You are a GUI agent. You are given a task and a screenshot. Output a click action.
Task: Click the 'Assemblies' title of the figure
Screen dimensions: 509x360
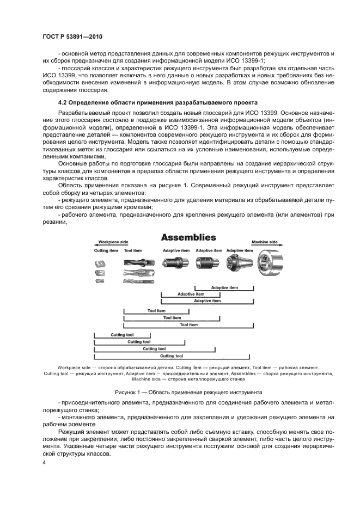(188, 237)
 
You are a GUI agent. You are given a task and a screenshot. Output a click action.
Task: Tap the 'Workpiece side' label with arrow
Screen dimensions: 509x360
(113, 242)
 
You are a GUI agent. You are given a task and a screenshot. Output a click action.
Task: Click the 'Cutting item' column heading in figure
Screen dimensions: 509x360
(106, 251)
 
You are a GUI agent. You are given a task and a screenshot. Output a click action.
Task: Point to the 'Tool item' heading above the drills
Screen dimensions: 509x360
(133, 251)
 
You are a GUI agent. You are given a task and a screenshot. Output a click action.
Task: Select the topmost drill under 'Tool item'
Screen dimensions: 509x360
(137, 262)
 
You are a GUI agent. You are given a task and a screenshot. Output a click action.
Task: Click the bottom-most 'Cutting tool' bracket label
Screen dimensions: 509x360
(172, 356)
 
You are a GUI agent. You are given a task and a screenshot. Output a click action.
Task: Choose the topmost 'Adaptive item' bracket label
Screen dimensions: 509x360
(224, 287)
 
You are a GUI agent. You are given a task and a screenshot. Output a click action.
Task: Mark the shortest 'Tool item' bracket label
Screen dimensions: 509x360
(156, 311)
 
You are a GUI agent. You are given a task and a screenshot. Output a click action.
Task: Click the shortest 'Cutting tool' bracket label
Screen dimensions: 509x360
(122, 335)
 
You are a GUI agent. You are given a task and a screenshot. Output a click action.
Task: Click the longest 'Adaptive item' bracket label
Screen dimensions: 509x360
(208, 301)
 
